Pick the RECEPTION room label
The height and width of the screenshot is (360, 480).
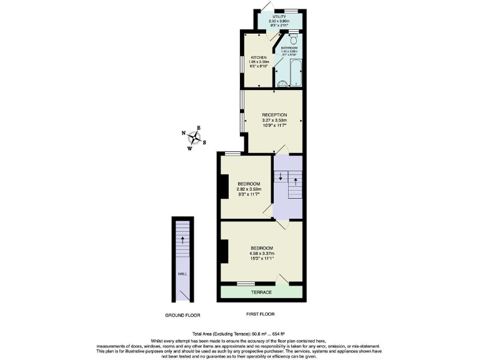click(x=274, y=114)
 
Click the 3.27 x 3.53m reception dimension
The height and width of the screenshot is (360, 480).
click(x=274, y=120)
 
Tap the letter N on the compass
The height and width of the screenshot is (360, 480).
click(x=184, y=133)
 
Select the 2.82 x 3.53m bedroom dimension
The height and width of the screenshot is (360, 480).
click(x=249, y=189)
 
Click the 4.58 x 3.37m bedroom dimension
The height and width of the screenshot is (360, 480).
click(x=261, y=254)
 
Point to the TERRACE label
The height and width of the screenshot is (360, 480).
click(x=261, y=292)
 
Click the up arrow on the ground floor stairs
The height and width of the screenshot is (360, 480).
click(x=182, y=239)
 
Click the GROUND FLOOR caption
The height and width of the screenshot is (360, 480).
click(x=183, y=314)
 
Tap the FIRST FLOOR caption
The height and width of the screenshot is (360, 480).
click(x=261, y=314)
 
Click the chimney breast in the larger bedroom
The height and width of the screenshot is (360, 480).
click(x=224, y=251)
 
